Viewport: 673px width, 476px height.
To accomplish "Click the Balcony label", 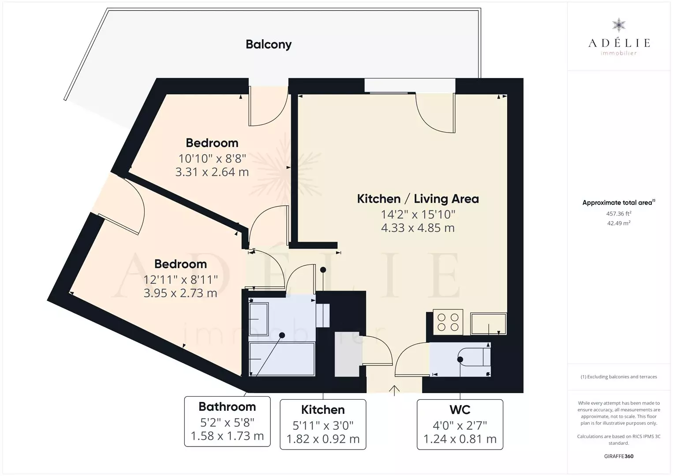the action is point(269,45).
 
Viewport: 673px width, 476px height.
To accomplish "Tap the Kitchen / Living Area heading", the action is point(418,199).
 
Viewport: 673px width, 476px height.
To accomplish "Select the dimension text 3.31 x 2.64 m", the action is point(212,172).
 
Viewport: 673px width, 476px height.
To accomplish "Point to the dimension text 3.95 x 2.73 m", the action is point(180,293).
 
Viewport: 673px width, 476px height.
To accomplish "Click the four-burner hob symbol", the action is point(448,322).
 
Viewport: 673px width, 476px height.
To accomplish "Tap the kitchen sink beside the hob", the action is point(489,324).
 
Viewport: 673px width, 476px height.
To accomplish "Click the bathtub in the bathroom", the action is point(282,359).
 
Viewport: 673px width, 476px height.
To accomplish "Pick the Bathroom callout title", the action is point(227,407).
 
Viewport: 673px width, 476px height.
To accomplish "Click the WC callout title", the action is point(460,409).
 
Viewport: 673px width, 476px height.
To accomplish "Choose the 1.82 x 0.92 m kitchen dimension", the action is point(323,439).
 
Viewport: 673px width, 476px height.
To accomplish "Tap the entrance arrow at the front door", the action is point(394,390).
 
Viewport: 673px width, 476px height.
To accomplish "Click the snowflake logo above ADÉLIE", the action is point(619,25).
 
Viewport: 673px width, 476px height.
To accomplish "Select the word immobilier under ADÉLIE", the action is point(619,53).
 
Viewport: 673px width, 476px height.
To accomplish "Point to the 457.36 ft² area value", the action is point(619,213).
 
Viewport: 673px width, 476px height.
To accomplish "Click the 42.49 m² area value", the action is point(619,223).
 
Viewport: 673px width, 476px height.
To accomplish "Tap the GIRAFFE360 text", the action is point(619,456).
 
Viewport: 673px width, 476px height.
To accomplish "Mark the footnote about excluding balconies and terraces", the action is point(619,376).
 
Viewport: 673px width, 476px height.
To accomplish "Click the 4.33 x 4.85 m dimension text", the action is point(418,228).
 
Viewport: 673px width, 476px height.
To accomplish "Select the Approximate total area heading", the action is point(619,202).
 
